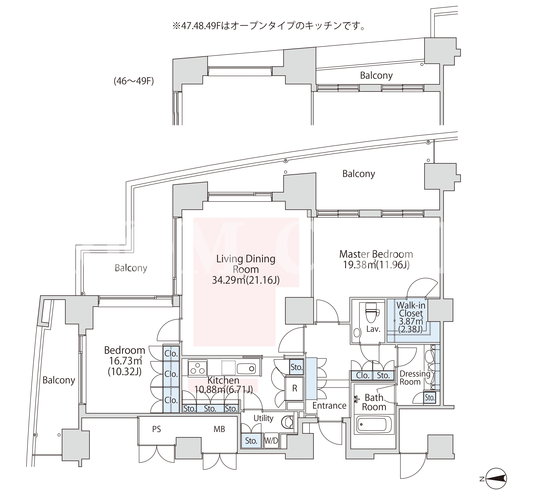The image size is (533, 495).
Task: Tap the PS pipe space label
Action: [157, 429]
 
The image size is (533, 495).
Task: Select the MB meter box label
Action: [219, 429]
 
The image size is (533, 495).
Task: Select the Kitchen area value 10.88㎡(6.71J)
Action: [223, 389]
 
